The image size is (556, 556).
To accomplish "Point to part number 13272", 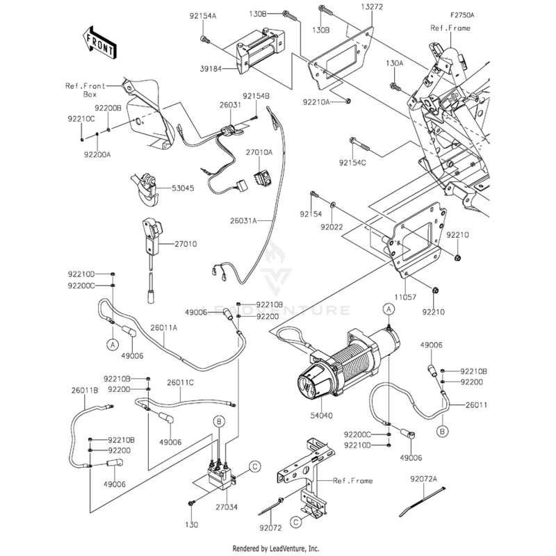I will [370, 6].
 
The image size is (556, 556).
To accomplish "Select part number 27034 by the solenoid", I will [227, 507].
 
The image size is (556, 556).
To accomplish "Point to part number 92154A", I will [202, 15].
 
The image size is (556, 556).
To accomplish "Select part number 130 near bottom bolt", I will [191, 523].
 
